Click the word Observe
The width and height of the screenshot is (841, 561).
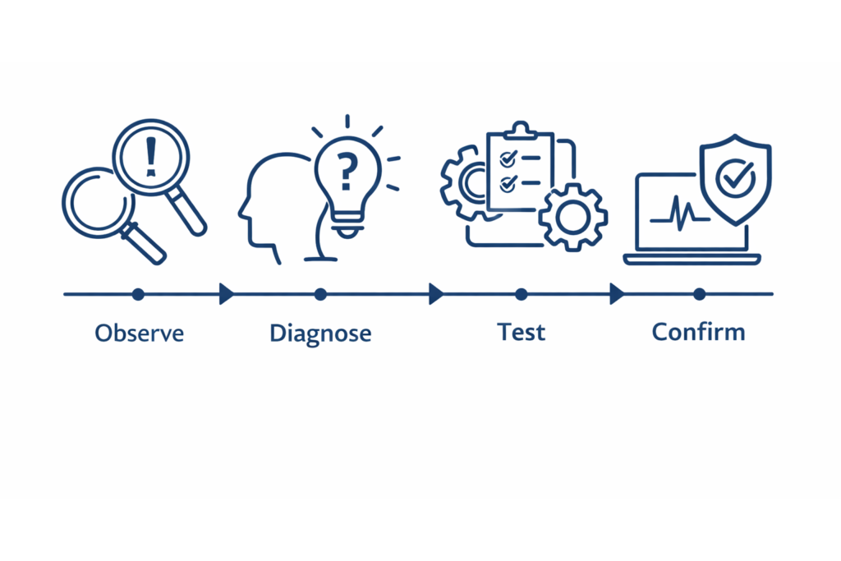tap(139, 333)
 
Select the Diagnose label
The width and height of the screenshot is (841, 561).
tap(320, 333)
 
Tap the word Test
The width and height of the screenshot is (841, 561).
tap(521, 332)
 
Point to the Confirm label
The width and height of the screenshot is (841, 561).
tap(698, 332)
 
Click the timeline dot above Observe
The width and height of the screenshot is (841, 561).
tap(138, 293)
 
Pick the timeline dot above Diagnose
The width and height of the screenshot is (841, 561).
tap(320, 293)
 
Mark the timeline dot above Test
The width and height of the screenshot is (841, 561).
tap(521, 293)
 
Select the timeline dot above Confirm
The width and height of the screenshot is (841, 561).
tap(699, 293)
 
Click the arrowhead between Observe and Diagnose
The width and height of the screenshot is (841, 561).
tap(227, 293)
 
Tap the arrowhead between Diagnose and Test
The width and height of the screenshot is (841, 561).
tap(436, 293)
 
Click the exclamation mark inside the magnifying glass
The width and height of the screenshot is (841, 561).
tap(150, 156)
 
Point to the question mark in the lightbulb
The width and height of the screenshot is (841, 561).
tap(348, 172)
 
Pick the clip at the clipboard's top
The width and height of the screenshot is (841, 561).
tap(519, 130)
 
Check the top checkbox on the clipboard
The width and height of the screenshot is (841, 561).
tap(508, 156)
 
